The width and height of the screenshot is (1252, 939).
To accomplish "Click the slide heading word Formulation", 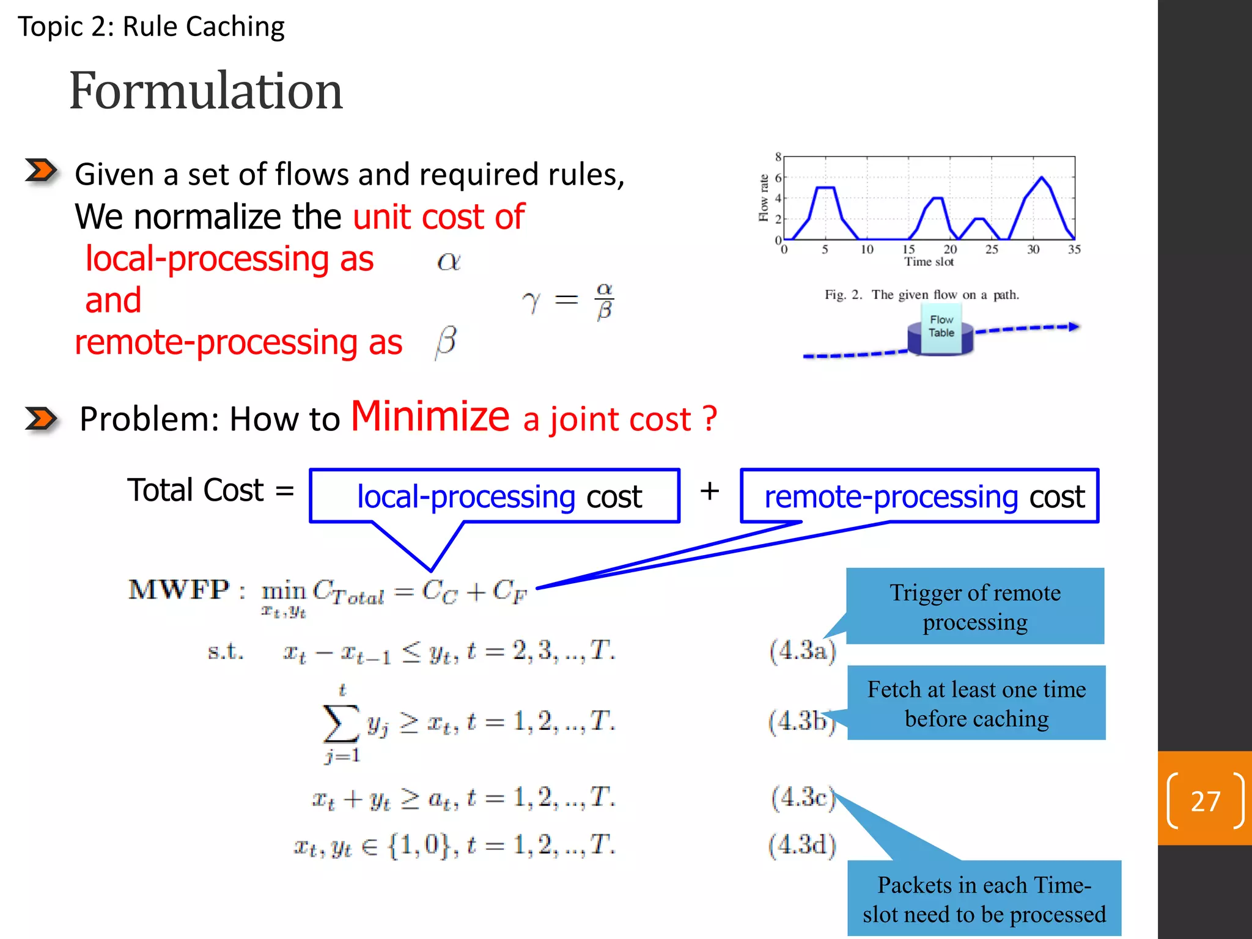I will coord(206,90).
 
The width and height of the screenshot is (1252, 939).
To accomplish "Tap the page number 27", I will coord(1205,801).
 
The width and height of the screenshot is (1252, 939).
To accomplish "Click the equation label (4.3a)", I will coord(803,650).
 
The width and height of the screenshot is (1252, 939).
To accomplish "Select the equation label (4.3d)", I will coord(803,845).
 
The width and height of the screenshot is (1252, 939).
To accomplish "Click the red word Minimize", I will coord(430,416).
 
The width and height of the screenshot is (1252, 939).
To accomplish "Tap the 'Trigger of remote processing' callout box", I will coord(975,606).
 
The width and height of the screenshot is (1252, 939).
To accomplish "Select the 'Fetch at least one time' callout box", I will coord(976,704).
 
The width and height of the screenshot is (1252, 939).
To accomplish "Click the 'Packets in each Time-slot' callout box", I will coord(984,899).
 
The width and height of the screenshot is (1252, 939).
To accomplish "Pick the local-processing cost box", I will coord(495,496).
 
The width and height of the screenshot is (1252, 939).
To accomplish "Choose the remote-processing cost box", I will coord(919,496).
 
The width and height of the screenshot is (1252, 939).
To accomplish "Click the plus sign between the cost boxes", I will coord(710,491).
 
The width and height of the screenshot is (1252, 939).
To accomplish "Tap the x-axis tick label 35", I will coord(1074,249).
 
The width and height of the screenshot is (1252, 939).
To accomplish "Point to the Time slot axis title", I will coord(929,262).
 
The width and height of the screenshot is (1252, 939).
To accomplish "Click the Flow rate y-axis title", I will coord(763,197).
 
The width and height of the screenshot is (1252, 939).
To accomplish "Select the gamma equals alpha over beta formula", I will coord(569,300).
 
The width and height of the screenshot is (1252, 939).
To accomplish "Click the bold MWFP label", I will coord(179,590).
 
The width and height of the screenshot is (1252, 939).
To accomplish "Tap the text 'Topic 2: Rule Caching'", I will coord(151,27).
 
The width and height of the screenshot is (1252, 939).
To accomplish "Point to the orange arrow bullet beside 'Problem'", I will coord(41,419).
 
